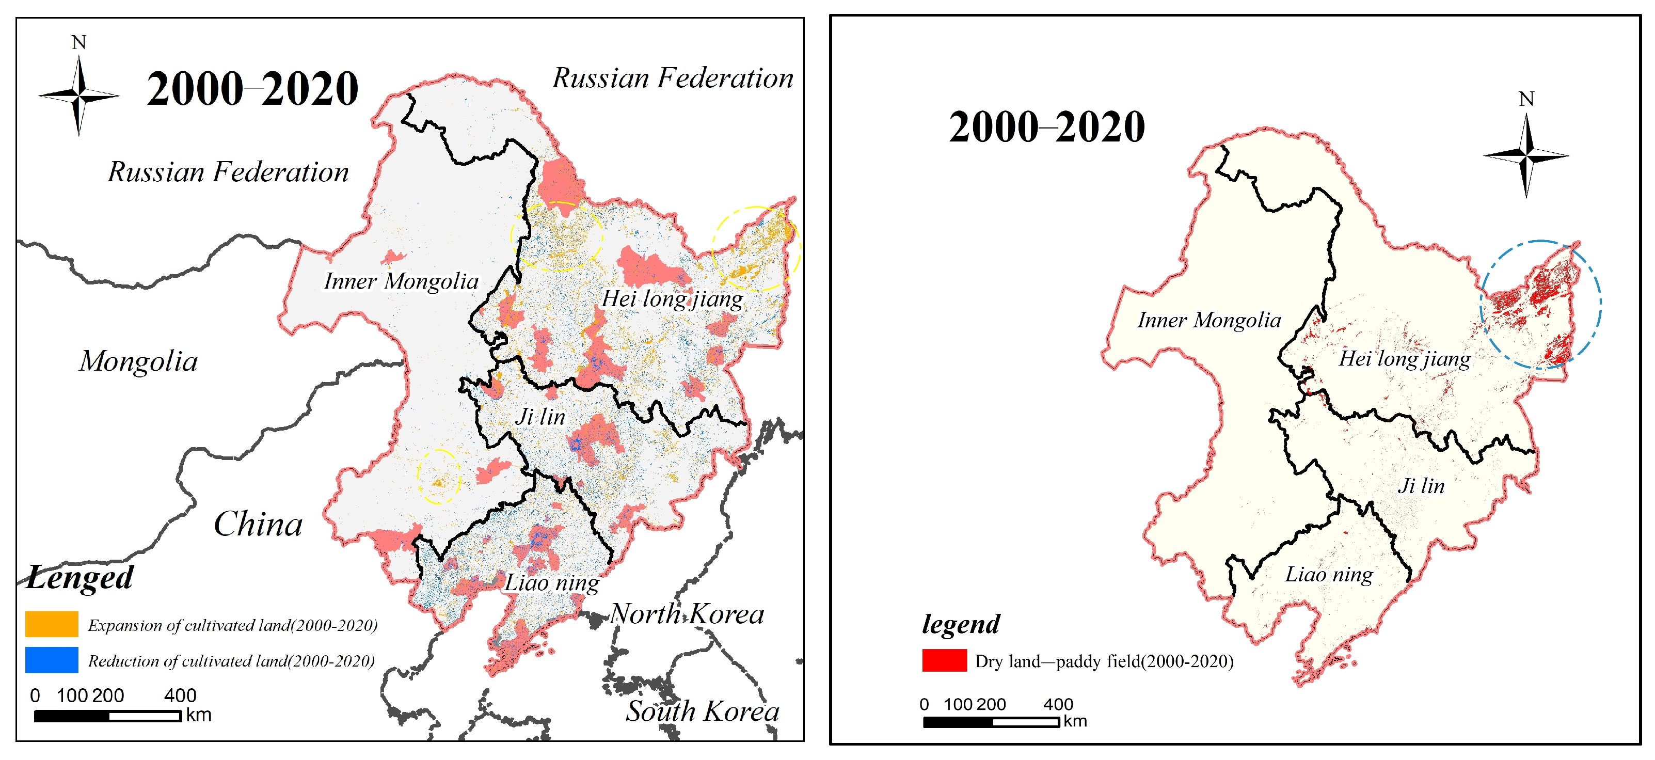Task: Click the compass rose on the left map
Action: coord(78,95)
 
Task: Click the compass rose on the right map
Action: coord(1526,155)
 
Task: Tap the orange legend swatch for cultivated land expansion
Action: coord(52,624)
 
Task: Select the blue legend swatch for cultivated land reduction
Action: coord(52,660)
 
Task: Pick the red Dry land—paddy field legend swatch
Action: coord(944,660)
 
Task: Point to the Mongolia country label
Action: coord(138,361)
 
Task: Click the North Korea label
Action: coord(687,614)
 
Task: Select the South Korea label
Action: coord(703,711)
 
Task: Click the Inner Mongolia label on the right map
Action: coord(1208,320)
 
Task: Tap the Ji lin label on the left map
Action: coord(540,417)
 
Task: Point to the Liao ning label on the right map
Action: coord(1329,574)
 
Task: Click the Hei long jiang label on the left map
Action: coord(672,299)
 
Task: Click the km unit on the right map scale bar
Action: coord(1075,721)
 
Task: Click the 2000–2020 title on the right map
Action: coord(1046,126)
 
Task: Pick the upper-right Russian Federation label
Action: coord(673,78)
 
